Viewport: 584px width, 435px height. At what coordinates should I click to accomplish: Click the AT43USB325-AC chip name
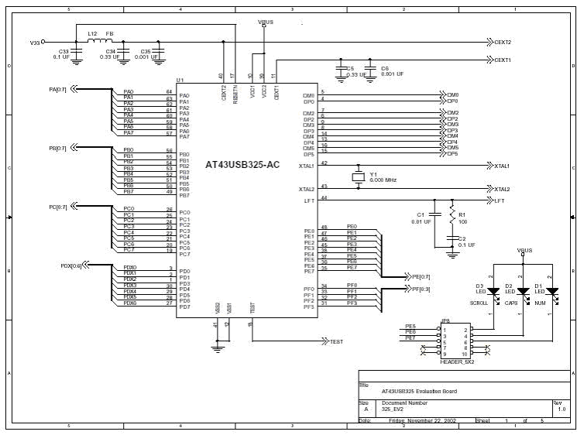click(242, 164)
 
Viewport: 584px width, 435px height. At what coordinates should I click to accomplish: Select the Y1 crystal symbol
click(358, 177)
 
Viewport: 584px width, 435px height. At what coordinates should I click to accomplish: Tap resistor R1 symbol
click(453, 219)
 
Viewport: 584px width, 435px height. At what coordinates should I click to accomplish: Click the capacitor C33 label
click(64, 50)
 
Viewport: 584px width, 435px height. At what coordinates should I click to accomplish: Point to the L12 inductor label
click(92, 34)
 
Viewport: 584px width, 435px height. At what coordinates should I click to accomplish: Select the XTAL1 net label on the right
click(502, 166)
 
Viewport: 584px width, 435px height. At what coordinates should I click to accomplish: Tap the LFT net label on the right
click(500, 200)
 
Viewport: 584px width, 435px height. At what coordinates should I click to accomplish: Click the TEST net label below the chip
click(336, 341)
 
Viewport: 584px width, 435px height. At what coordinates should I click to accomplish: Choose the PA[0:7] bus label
click(58, 89)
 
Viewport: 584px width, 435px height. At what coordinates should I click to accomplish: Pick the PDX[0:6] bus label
click(70, 266)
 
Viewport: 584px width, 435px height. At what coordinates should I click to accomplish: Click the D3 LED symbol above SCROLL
click(491, 292)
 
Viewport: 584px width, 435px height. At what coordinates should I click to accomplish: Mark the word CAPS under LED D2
click(511, 304)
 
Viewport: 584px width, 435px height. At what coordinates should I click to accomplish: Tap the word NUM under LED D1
click(540, 304)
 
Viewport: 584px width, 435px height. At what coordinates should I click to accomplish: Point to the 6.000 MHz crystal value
click(383, 180)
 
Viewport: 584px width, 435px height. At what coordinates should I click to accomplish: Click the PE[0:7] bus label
click(419, 276)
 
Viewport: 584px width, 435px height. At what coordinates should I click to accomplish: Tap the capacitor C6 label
click(385, 68)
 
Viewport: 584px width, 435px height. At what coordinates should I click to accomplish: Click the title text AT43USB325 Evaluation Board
click(419, 391)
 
